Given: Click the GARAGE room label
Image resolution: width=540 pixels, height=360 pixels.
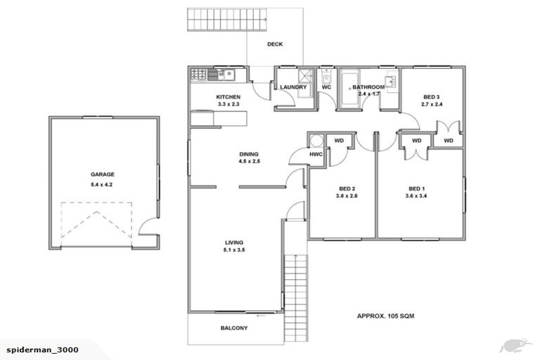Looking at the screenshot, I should tap(102, 174).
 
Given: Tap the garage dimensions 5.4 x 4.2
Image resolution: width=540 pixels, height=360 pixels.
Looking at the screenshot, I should tap(102, 185).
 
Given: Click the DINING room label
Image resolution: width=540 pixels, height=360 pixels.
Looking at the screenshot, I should tap(249, 154).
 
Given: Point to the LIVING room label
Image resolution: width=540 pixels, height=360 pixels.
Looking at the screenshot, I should tap(234, 242).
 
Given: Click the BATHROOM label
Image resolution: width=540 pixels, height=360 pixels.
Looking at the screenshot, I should tap(368, 87).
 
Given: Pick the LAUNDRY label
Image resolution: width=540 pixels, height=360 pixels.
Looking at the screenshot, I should tap(292, 87).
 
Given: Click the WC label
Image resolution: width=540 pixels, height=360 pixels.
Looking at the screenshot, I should tap(326, 87).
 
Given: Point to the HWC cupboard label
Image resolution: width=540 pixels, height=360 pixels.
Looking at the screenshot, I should tap(316, 154).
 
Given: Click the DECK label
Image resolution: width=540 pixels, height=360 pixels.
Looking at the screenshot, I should tap(275, 44).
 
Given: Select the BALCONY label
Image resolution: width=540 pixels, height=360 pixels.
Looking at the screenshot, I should tap(233, 328).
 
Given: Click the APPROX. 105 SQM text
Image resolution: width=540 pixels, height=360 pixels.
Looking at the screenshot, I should tap(385, 316).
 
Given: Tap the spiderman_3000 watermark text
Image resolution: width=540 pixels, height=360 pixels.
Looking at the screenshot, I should tap(42, 349).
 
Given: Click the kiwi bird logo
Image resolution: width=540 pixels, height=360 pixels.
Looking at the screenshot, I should tap(514, 345).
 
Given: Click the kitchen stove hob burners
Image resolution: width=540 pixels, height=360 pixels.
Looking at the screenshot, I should tap(199, 73).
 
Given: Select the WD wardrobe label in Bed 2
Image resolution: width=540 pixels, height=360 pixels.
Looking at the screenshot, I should tap(339, 141).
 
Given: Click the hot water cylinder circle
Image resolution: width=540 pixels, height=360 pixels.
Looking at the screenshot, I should tap(316, 139).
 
